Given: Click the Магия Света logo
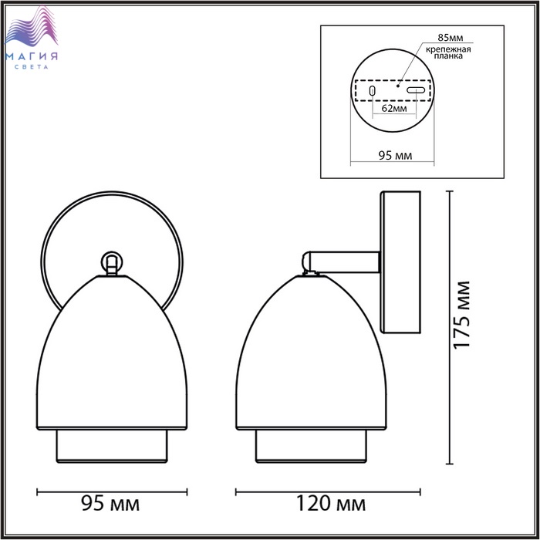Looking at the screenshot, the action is (x=32, y=37).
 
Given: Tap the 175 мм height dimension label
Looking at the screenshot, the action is (x=461, y=315).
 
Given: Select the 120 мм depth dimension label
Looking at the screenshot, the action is (x=331, y=504).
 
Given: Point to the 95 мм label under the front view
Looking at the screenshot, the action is (x=110, y=504).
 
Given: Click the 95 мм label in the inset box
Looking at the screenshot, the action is (x=395, y=155).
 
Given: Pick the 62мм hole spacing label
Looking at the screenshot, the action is (x=394, y=109).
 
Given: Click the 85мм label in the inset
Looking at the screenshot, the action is (x=450, y=37).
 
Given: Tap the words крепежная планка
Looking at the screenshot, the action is (x=448, y=52).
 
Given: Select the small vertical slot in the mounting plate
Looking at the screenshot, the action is (x=372, y=90).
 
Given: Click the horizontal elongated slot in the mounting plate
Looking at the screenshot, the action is (x=416, y=90).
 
